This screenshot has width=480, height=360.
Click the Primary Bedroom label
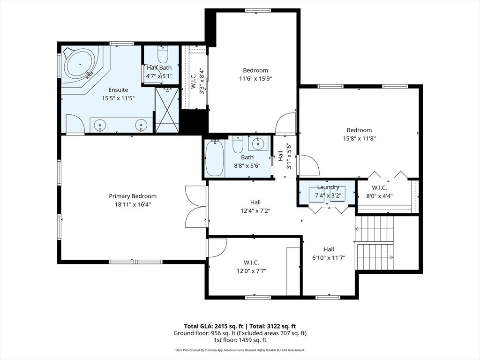133,196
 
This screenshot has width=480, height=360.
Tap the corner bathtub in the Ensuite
80,65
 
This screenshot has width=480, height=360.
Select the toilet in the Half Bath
163,55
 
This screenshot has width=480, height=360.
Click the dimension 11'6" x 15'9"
255,79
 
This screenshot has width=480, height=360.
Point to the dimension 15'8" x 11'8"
359,138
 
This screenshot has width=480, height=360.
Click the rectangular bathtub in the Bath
215,158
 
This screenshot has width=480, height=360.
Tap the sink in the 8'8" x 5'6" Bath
258,143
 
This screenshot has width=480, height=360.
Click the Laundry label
328,187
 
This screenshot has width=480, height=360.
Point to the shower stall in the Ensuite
167,110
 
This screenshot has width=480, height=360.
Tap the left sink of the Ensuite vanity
99,125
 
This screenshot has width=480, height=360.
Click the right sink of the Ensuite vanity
141,125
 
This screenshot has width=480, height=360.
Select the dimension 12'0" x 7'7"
251,270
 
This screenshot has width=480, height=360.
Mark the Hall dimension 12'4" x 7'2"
255,211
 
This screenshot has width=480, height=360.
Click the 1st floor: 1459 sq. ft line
240,340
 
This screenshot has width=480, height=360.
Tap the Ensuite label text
118,90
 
